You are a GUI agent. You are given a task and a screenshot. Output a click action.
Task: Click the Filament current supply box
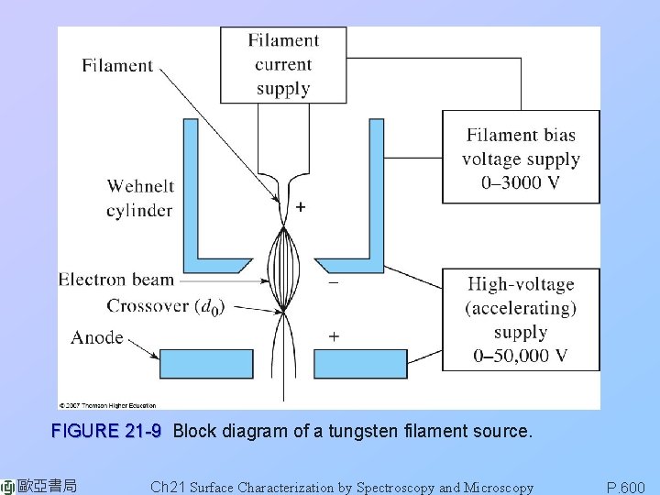tap(283, 64)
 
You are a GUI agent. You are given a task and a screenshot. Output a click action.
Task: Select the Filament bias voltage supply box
tap(521, 158)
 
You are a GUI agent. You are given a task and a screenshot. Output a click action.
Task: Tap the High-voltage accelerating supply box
tap(521, 319)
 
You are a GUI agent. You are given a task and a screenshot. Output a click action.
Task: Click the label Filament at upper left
tap(117, 65)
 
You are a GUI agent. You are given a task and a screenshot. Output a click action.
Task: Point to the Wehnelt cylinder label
tap(139, 198)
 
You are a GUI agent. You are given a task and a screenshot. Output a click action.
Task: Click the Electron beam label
tap(115, 280)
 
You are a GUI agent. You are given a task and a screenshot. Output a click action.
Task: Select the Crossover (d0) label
tap(166, 305)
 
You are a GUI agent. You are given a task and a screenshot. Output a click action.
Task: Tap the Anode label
tap(97, 337)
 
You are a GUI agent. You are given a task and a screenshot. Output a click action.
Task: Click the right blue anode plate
tap(360, 364)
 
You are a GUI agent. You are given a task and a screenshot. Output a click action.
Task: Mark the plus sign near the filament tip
tap(301, 208)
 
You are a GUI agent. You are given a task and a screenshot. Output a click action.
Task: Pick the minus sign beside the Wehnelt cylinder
tap(333, 284)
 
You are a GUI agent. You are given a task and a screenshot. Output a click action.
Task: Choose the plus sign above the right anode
tap(334, 337)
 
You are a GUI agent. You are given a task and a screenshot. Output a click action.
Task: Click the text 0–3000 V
tap(521, 182)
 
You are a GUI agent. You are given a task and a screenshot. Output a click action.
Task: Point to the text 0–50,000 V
tap(521, 356)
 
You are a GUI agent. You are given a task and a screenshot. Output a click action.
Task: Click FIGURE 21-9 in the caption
tap(106, 431)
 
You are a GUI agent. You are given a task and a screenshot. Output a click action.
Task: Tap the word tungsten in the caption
tap(375, 431)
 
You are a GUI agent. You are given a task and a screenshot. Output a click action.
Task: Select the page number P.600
tap(626, 488)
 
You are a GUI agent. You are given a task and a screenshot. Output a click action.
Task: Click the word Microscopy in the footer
tap(499, 488)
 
